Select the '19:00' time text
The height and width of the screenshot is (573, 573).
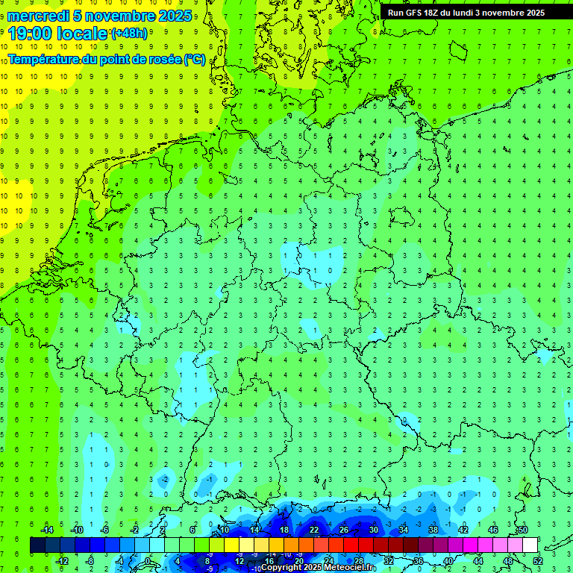coord(29,34)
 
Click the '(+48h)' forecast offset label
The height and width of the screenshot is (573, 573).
coord(129,34)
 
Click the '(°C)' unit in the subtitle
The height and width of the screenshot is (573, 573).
coord(194,59)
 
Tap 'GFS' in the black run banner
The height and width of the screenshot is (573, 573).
coord(414,13)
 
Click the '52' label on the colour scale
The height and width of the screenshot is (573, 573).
coord(538,561)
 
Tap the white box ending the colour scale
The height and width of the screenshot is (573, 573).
coord(530,545)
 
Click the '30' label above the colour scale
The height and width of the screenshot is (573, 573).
coord(374,530)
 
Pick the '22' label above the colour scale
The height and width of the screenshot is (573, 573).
coord(314,530)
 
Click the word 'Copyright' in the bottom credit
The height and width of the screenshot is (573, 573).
coord(281,568)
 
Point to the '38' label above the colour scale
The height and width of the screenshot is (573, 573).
coord(433,530)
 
